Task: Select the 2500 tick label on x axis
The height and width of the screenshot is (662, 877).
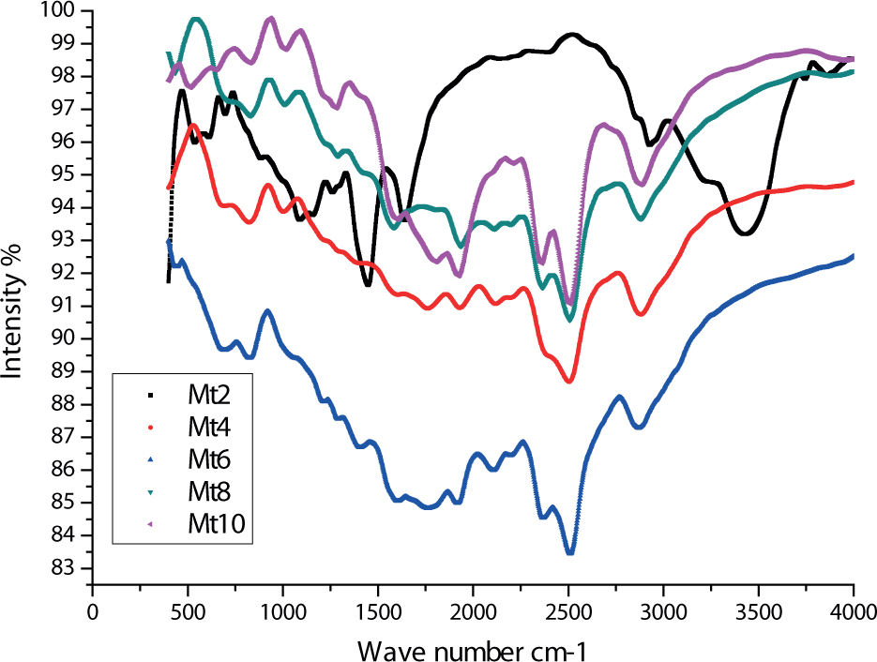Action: [568, 611]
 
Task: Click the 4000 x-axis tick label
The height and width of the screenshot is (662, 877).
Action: [853, 611]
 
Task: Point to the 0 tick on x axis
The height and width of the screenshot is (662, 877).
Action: [92, 611]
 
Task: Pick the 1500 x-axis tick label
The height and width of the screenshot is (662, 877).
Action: [378, 611]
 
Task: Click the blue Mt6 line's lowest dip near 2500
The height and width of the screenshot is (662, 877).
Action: [569, 553]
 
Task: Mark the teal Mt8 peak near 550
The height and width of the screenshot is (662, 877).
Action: [196, 19]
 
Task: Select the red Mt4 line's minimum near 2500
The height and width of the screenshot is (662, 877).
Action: [568, 382]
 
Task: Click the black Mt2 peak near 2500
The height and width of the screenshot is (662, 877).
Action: [571, 35]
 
